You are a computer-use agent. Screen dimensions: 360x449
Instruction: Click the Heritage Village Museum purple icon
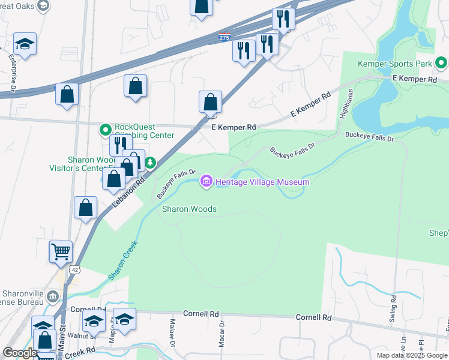206,181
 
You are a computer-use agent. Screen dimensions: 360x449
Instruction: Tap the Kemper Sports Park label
395,63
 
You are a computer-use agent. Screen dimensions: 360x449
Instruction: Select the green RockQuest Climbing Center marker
106,130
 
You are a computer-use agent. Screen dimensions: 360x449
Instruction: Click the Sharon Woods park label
189,209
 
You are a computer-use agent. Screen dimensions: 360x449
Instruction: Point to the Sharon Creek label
123,260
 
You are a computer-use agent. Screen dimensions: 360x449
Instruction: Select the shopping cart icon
61,252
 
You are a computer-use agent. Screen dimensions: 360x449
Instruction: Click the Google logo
19,353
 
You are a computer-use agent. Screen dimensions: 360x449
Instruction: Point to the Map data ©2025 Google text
412,355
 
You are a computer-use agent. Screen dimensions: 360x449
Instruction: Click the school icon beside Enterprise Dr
25,44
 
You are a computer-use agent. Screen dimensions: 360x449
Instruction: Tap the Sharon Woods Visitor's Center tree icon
149,163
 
